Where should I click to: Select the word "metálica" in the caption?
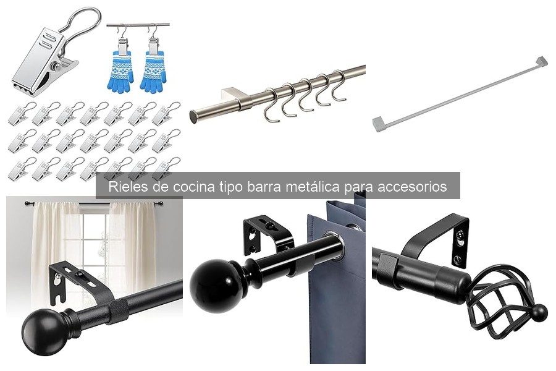coord(313,187)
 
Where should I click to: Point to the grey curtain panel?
coord(337,291)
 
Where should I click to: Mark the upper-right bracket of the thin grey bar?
coord(541,61)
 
